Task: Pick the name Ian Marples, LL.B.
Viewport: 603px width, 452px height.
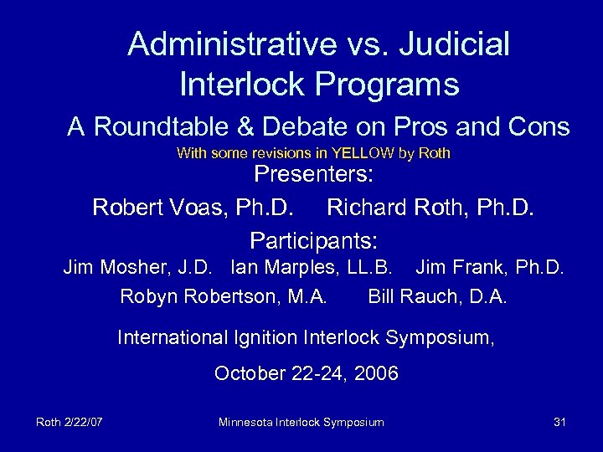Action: tap(308, 270)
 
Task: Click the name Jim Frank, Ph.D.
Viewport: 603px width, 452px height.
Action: tap(494, 270)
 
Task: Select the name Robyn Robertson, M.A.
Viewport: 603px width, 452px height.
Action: tap(224, 295)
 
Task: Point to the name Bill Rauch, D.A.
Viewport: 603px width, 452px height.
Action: tap(439, 295)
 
